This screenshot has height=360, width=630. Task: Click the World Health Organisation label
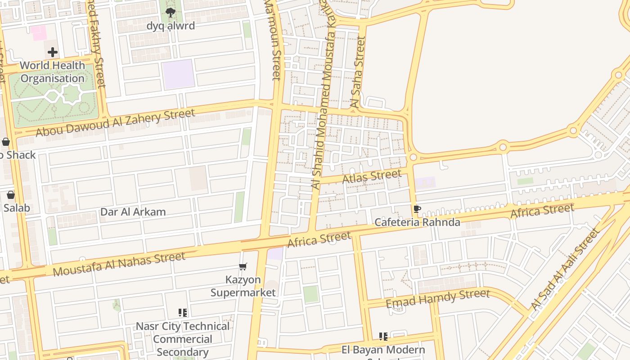[x=53, y=72]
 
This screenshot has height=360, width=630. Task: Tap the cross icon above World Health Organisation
[x=53, y=52]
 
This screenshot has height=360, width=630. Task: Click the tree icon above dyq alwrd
[x=171, y=13]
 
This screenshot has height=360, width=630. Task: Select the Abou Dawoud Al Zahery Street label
[x=115, y=122]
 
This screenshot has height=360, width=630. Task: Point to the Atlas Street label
[x=372, y=176]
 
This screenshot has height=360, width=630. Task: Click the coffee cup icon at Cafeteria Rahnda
[x=417, y=209]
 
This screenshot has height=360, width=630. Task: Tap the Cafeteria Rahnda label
[x=417, y=222]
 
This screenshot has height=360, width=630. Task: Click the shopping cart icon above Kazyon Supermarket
[x=243, y=267]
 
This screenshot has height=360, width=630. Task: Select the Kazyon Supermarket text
[x=243, y=286]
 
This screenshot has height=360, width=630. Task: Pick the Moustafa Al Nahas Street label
[x=119, y=265]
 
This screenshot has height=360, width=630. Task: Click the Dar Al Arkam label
[x=133, y=212]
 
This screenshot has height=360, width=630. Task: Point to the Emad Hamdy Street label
[x=437, y=299]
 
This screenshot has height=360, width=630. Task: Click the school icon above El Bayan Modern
[x=383, y=336]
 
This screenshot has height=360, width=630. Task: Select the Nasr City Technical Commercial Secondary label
[x=183, y=339]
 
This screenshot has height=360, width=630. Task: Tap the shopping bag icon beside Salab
[x=11, y=195]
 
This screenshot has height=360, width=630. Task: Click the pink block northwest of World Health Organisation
[x=39, y=33]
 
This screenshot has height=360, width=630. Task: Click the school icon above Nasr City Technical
[x=183, y=312]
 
